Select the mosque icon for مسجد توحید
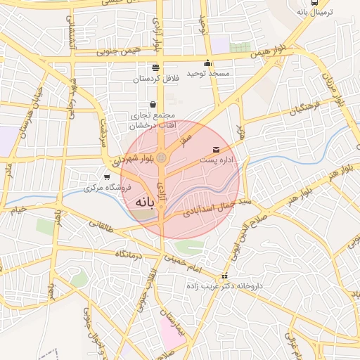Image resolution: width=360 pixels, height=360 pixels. click(x=207, y=63)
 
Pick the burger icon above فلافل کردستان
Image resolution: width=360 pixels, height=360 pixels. click(x=155, y=67)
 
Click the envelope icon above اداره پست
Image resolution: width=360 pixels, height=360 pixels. click(x=216, y=149)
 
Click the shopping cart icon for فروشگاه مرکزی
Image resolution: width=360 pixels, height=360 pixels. click(x=106, y=177)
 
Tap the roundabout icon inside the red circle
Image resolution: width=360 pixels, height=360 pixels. click(x=162, y=157)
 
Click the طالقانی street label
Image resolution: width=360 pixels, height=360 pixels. click(x=101, y=225)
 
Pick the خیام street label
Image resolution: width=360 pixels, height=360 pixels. click(x=17, y=209)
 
